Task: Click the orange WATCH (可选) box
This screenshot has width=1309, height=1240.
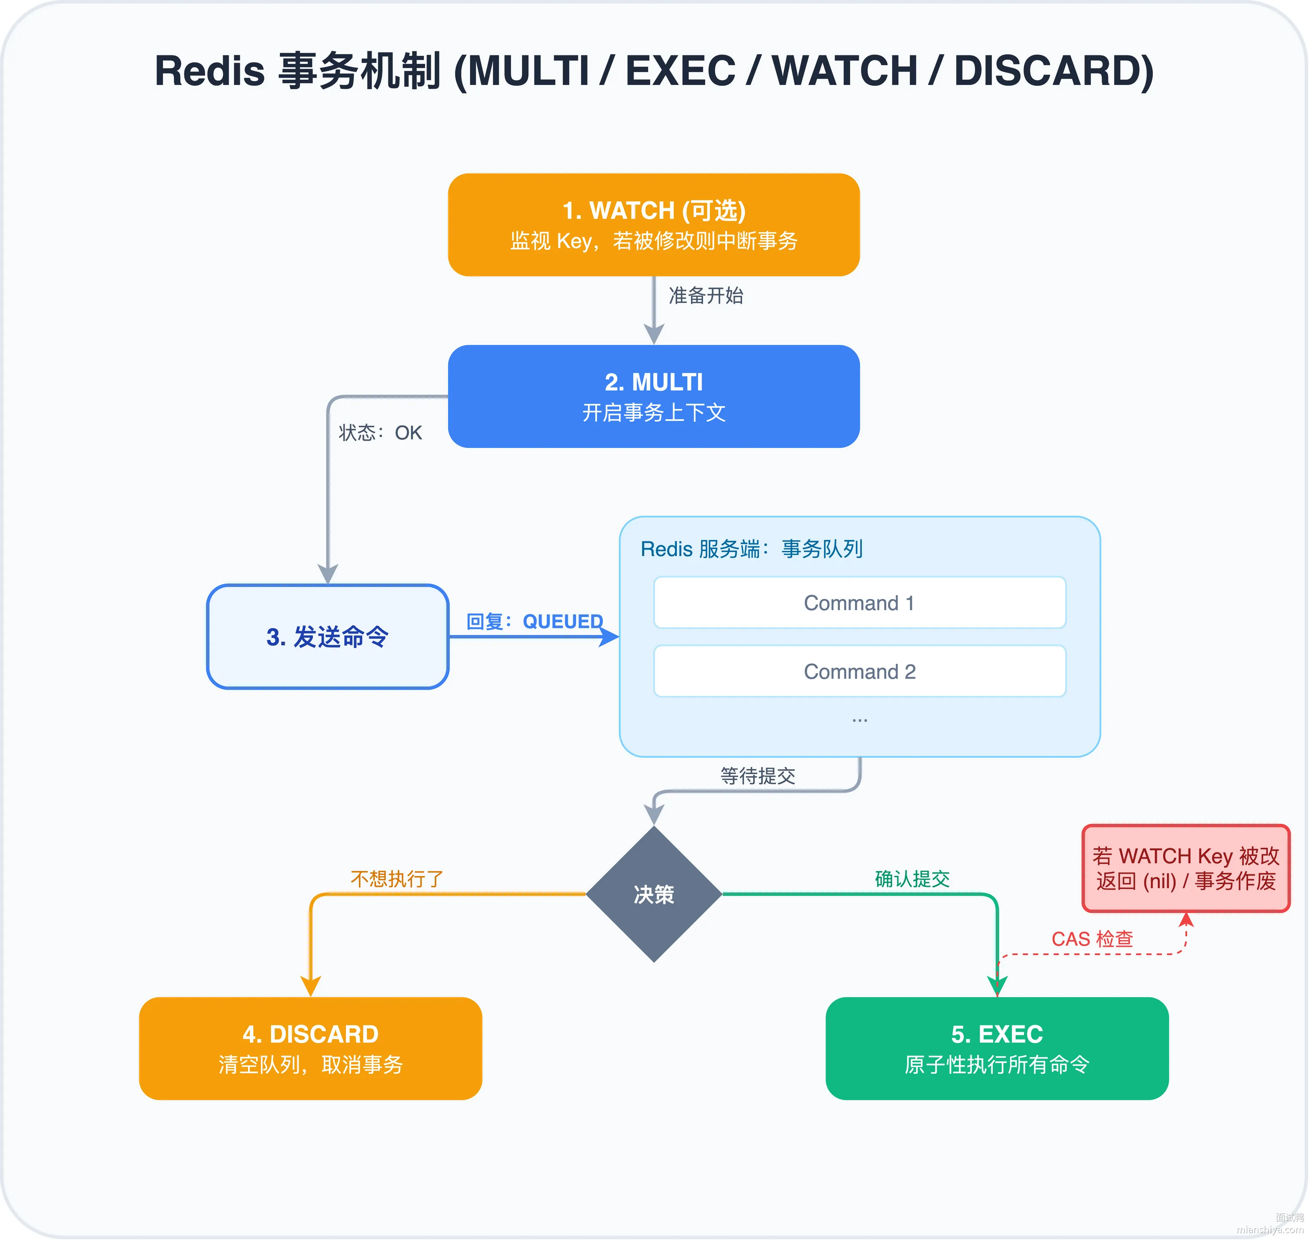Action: coord(654,225)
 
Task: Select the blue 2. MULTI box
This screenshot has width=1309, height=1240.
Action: coord(654,396)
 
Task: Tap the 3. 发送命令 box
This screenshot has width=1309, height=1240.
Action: coord(328,637)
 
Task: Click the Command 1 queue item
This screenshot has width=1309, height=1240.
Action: coord(860,603)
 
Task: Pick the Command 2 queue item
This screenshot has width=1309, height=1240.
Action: coord(860,671)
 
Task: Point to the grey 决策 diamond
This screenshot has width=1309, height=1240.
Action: coord(654,894)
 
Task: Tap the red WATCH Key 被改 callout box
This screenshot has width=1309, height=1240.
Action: coord(1186,868)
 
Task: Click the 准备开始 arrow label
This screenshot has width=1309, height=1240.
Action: coord(706,296)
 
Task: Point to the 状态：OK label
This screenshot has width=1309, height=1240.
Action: coord(380,433)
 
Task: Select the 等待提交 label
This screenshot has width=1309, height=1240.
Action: coord(758,776)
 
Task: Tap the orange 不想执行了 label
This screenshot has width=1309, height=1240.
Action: coord(397,879)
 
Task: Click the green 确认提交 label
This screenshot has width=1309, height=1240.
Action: coord(912,879)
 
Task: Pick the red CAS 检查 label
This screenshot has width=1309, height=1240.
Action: coord(1092,939)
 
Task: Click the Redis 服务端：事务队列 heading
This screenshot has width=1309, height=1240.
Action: coord(751,549)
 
